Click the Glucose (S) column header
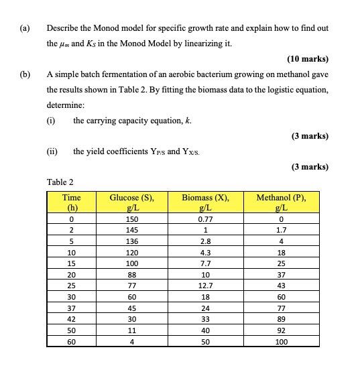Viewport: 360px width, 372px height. pos(131,202)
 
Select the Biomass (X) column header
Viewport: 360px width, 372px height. pos(206,202)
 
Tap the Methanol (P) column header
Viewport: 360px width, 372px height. pos(281,202)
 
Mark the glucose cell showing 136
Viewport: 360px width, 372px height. pos(131,241)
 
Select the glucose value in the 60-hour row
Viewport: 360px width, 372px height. pos(131,341)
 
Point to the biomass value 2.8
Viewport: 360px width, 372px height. pos(206,241)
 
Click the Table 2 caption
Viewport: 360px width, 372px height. pos(60,182)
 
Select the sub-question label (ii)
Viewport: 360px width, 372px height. pos(52,151)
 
